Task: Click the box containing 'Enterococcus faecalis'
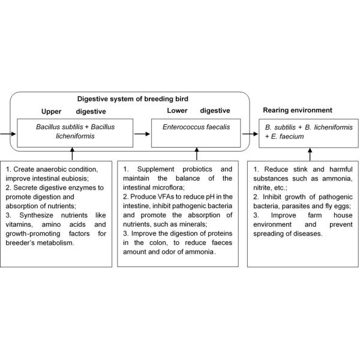point(196,133)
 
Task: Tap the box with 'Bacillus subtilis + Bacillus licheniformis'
point(74,133)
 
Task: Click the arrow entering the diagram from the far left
point(7,133)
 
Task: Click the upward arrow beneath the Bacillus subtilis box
point(73,154)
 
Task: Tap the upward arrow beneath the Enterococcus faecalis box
point(195,154)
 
